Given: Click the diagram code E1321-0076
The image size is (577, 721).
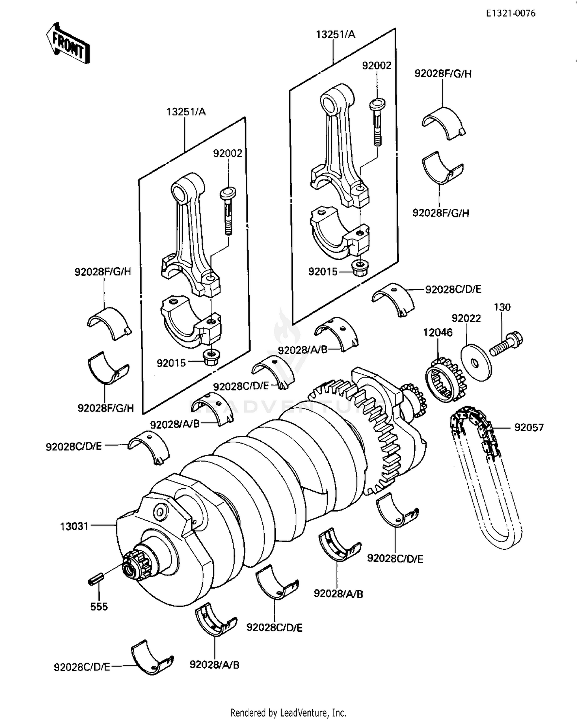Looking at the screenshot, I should (510, 13).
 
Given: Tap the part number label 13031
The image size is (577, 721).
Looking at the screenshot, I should (74, 526).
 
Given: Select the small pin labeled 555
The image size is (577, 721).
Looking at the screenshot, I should (95, 579).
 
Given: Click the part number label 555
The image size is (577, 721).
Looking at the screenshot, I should (99, 607).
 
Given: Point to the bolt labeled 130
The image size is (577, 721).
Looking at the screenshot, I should (505, 344).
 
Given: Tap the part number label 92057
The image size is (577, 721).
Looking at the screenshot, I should (529, 427).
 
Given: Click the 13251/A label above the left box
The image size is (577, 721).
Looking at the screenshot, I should (186, 112).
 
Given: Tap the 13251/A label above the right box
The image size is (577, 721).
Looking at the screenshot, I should (335, 35).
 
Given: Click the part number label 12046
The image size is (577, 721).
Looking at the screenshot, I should (438, 332).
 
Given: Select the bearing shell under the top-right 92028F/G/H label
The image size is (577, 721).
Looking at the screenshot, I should (444, 121).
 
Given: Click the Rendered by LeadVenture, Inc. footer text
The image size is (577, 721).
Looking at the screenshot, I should (288, 713).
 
